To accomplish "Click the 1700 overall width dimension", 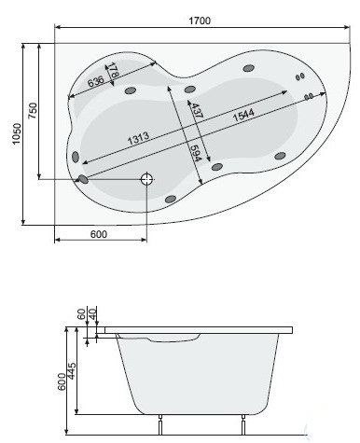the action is click(x=200, y=21).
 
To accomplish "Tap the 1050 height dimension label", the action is click(x=17, y=133).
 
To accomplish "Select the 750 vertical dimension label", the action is click(x=33, y=111).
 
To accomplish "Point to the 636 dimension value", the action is click(x=96, y=81).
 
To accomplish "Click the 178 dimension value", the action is click(x=113, y=70).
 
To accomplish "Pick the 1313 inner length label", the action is click(x=138, y=138).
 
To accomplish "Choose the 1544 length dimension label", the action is click(x=243, y=115).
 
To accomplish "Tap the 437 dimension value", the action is click(x=197, y=110).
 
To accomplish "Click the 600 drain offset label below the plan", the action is click(x=99, y=234).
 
